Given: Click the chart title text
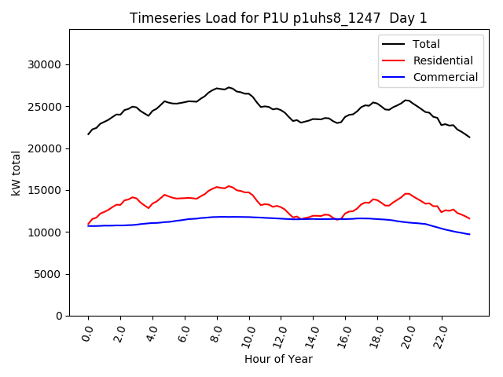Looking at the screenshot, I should pyautogui.click(x=279, y=18).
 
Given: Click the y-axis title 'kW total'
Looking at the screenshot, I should pyautogui.click(x=17, y=173).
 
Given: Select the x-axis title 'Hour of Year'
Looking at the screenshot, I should pyautogui.click(x=278, y=359).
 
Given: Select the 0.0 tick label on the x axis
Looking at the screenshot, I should pyautogui.click(x=87, y=334).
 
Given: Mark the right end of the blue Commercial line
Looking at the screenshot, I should pyautogui.click(x=469, y=234).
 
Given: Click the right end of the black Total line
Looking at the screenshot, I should pyautogui.click(x=469, y=137).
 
